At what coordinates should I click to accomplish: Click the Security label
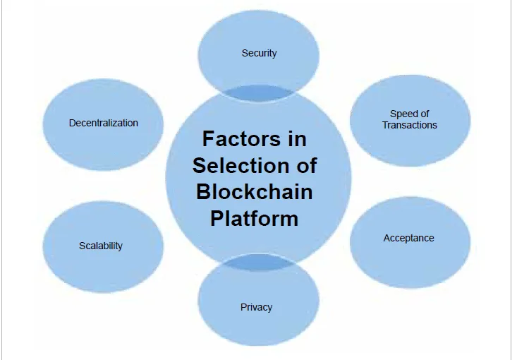(x=259, y=53)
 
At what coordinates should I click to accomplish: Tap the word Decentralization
(x=103, y=123)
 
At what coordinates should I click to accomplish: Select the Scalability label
(x=101, y=246)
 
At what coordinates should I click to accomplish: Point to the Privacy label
(x=256, y=307)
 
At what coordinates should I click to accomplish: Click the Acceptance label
(x=408, y=238)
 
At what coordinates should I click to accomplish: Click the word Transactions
(x=410, y=125)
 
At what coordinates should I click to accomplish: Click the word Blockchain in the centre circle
(x=255, y=191)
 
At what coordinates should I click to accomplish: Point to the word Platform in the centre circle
(x=255, y=217)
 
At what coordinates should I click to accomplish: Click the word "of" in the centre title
(x=303, y=165)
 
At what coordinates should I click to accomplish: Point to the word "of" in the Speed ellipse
(x=424, y=114)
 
